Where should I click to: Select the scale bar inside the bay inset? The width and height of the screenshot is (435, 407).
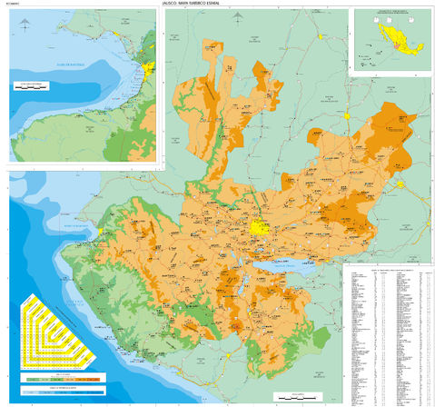pos(32,86)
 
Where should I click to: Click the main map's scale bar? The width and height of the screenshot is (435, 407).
pos(295,395)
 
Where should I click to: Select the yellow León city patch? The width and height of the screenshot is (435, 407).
pos(399,184)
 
